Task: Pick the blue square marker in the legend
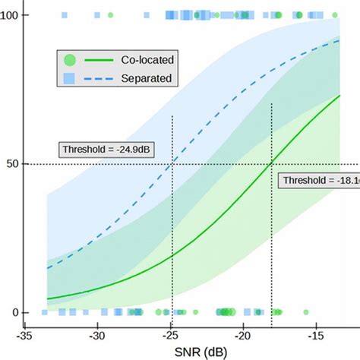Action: [70, 77]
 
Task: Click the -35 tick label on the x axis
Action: [25, 336]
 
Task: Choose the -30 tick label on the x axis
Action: [96, 336]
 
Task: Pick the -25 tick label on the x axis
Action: [169, 336]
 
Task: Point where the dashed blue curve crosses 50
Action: [173, 164]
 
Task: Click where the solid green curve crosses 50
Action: [271, 164]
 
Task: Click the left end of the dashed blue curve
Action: [47, 268]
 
